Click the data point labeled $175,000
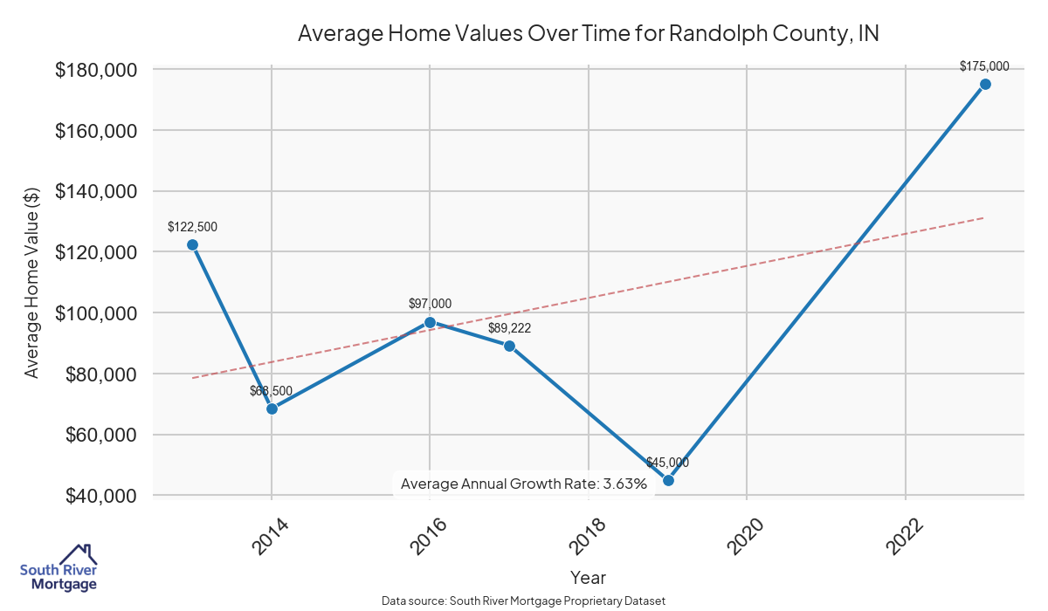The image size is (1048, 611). click(985, 84)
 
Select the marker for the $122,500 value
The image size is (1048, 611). click(192, 244)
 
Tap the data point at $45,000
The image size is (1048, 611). click(668, 480)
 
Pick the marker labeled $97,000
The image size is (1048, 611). click(430, 322)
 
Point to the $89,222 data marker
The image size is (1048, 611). click(509, 346)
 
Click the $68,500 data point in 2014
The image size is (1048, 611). click(272, 408)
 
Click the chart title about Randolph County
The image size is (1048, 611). click(588, 34)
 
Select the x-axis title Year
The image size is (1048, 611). click(588, 577)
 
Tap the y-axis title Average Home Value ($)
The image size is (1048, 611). click(32, 282)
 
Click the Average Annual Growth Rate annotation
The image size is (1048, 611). click(523, 484)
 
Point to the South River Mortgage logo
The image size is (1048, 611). click(59, 568)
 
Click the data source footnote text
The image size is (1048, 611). click(524, 601)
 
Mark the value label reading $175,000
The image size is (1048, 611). click(984, 65)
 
